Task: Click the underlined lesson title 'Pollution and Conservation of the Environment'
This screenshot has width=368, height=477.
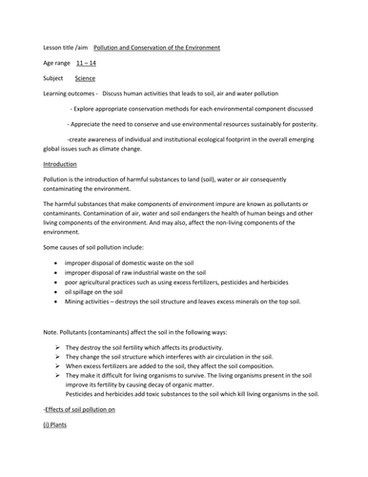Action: (x=156, y=47)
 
